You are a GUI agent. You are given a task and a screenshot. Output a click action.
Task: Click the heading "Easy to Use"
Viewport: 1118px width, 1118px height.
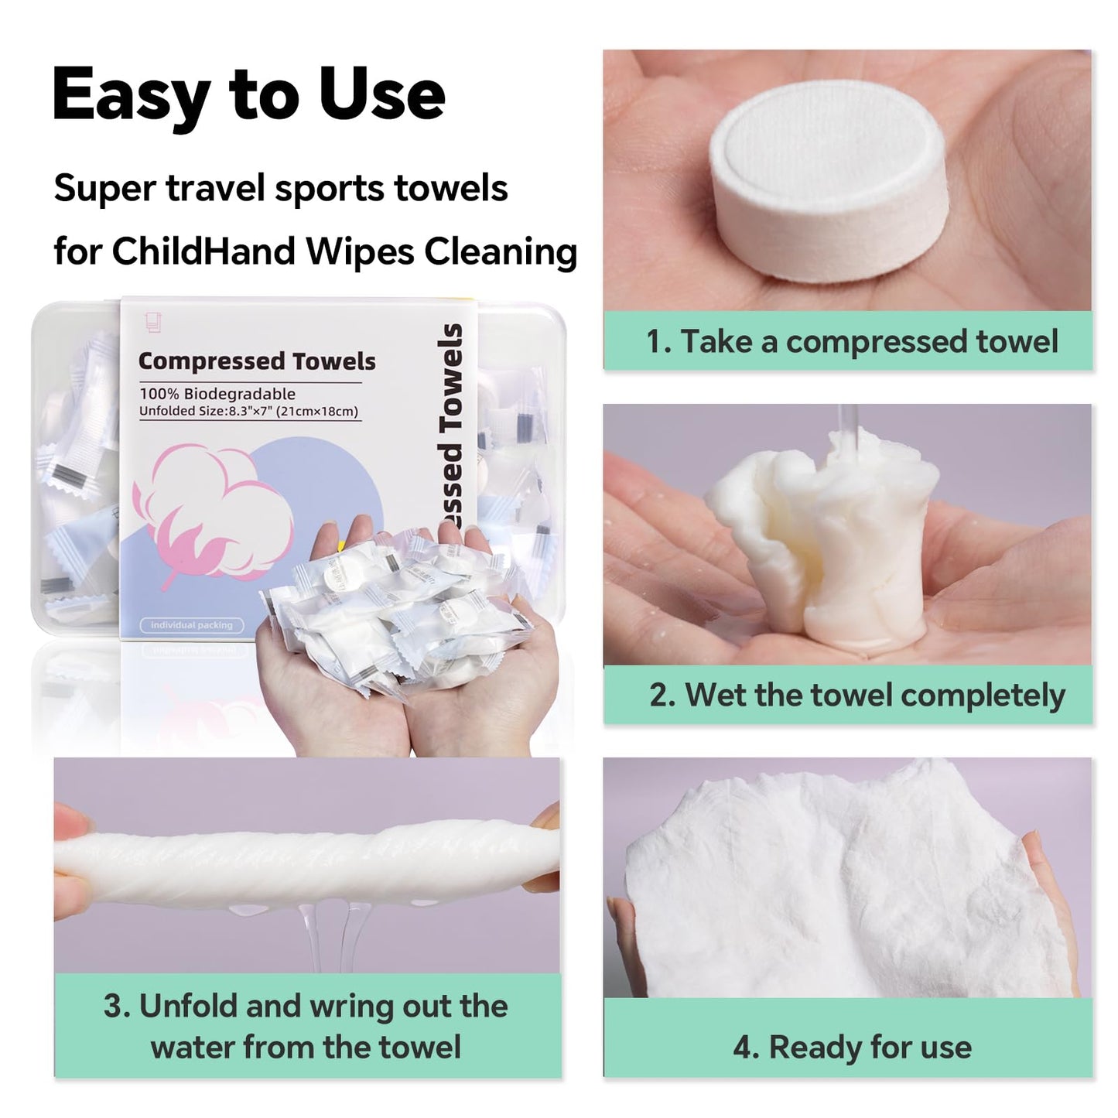(x=248, y=94)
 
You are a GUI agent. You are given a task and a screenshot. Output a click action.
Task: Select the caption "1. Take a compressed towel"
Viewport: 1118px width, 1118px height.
(x=851, y=341)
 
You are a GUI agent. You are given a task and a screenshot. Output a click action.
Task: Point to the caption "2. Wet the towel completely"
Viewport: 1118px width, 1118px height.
(x=856, y=695)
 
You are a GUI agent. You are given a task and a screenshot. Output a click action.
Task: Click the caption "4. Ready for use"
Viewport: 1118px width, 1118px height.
(x=852, y=1047)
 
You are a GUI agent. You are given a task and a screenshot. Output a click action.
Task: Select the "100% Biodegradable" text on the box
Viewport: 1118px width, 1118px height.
(x=217, y=394)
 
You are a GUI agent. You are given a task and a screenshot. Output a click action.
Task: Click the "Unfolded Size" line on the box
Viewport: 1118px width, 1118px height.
(x=248, y=411)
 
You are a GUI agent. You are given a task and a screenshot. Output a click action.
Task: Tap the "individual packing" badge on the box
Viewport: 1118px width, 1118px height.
(x=191, y=624)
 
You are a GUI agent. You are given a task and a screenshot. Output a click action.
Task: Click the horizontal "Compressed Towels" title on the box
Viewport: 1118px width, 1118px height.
(x=257, y=361)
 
